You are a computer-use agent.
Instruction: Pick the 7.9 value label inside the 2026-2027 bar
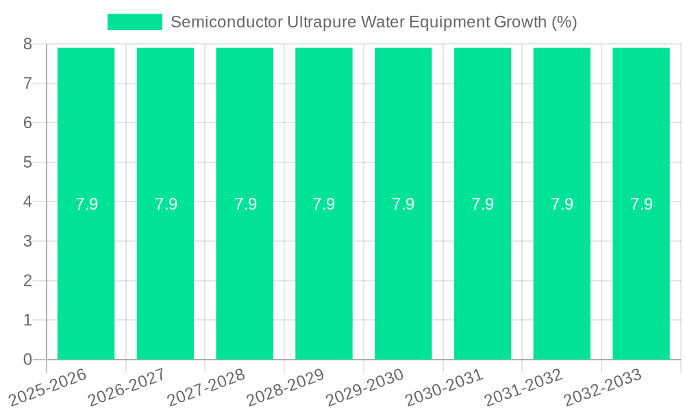(166, 204)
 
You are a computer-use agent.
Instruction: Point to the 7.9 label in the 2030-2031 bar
(482, 204)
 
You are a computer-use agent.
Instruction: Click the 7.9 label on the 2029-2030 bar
(403, 204)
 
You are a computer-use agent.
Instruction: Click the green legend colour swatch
(135, 22)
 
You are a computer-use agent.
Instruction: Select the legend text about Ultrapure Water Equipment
(373, 22)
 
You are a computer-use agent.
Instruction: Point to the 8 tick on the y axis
(27, 44)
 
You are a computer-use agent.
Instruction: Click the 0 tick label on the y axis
(27, 360)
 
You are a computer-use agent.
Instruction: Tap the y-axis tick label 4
(27, 202)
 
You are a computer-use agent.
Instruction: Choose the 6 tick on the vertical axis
(27, 123)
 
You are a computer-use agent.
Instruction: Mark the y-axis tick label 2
(27, 281)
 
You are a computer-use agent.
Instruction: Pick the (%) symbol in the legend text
(564, 22)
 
